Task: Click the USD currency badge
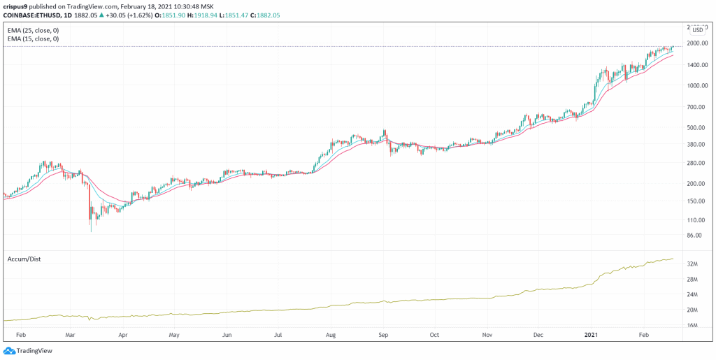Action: pos(697,29)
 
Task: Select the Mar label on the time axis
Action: pos(69,336)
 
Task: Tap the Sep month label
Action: pos(384,336)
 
